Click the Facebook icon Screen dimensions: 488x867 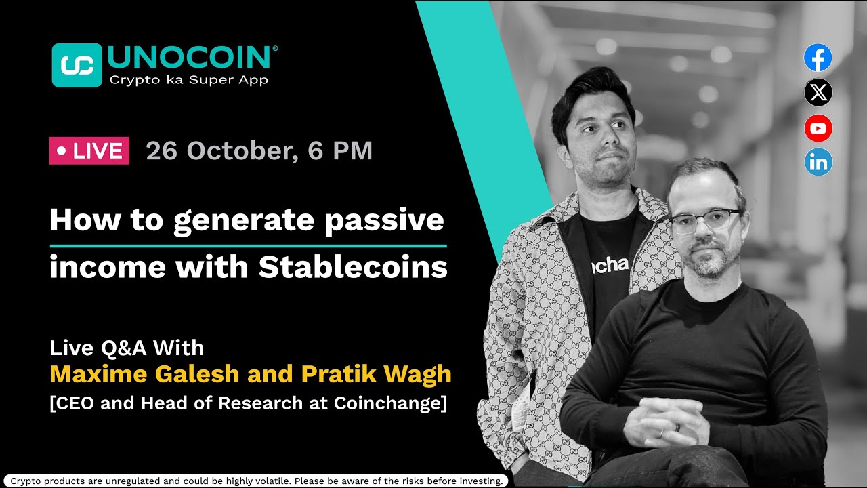coord(818,58)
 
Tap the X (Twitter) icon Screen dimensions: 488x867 coord(818,93)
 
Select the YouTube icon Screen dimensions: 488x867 coord(818,128)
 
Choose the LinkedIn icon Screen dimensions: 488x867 coord(818,163)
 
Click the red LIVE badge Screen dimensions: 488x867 coord(89,151)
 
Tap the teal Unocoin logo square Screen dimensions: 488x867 coord(77,65)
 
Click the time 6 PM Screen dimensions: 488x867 coord(340,150)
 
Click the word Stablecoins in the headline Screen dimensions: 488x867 coord(353,268)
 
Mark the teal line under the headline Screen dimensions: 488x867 coord(248,245)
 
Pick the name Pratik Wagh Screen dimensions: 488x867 coord(376,374)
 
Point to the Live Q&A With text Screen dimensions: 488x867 coord(127,348)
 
